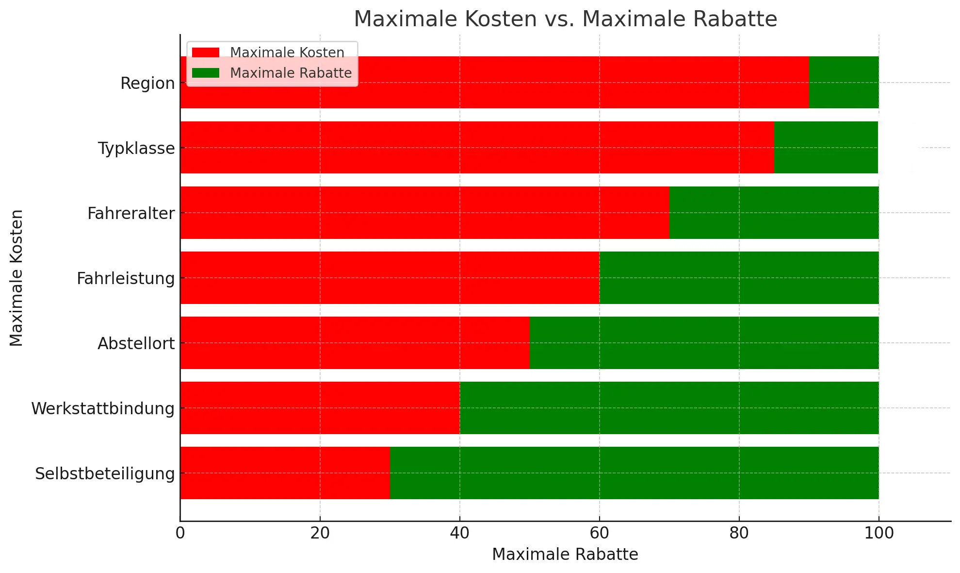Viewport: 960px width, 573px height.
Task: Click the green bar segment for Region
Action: click(844, 82)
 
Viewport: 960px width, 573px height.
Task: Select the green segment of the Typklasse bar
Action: click(826, 147)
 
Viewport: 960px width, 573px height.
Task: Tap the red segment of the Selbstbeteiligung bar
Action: click(285, 472)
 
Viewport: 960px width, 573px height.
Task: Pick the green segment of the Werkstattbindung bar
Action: click(669, 407)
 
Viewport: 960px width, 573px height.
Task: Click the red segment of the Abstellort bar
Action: click(355, 342)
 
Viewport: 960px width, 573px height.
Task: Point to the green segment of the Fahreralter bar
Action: click(774, 212)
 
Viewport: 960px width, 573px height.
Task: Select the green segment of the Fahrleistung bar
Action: click(739, 277)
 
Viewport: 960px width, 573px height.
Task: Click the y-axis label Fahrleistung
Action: click(126, 278)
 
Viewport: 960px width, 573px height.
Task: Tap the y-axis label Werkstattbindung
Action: click(103, 408)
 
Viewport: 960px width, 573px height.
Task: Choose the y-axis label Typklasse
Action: click(136, 148)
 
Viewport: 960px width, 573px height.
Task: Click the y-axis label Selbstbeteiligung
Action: click(105, 473)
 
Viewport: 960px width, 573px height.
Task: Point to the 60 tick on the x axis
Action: click(599, 533)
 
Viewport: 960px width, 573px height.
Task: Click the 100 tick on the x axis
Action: click(879, 533)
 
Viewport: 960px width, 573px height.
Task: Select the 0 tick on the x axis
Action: click(180, 533)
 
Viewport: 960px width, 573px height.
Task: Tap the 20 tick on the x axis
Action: click(320, 533)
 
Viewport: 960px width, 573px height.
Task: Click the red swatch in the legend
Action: click(206, 52)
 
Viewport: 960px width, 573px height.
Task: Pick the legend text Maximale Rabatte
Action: click(291, 73)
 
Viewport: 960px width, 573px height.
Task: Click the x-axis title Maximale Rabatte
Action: click(565, 554)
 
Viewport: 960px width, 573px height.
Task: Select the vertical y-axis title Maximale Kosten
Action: click(16, 278)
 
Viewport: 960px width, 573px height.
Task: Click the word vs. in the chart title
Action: click(559, 19)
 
